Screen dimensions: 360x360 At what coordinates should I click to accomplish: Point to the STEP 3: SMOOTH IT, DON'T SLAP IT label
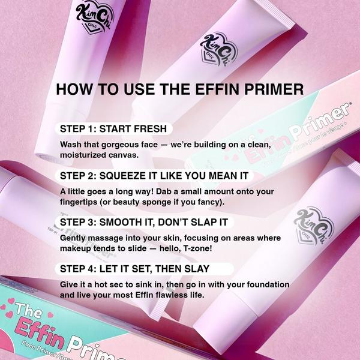point(144,222)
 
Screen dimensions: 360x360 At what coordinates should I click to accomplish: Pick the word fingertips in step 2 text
point(80,202)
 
